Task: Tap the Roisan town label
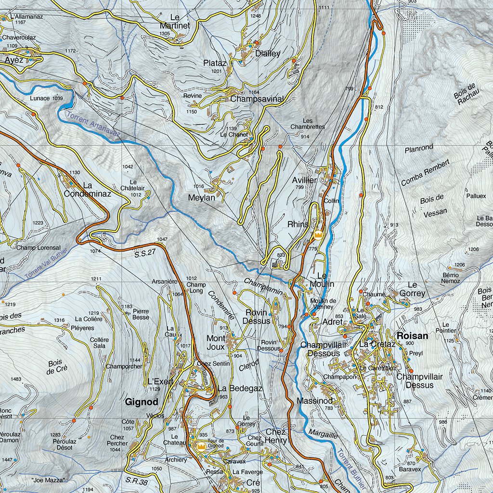point(412,336)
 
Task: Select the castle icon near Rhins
point(318,235)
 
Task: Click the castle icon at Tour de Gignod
point(201,447)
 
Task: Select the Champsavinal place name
point(257,99)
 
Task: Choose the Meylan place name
point(202,197)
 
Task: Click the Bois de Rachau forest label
point(466,94)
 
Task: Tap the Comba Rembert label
point(425,172)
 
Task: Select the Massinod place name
point(314,401)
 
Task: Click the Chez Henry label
point(275,436)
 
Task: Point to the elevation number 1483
point(16,379)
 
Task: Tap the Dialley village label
point(268,53)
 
